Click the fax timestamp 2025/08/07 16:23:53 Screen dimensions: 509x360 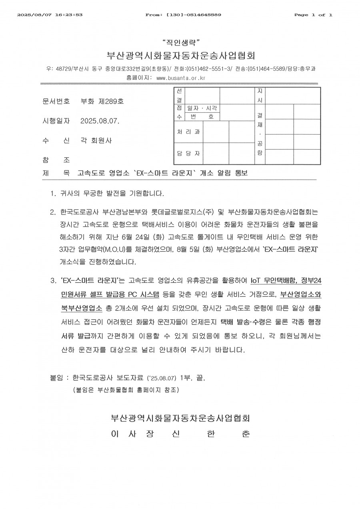click(50, 15)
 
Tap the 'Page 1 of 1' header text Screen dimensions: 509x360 click(313, 15)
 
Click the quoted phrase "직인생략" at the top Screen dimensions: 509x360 click(180, 42)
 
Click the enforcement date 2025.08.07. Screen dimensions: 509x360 click(100, 121)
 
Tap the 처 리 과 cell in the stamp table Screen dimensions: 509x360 click(188, 132)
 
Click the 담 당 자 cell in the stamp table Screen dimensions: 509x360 click(188, 154)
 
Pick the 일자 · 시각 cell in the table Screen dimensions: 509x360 click(202, 108)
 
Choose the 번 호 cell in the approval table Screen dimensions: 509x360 click(202, 117)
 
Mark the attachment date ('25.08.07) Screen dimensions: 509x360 click(162, 377)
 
